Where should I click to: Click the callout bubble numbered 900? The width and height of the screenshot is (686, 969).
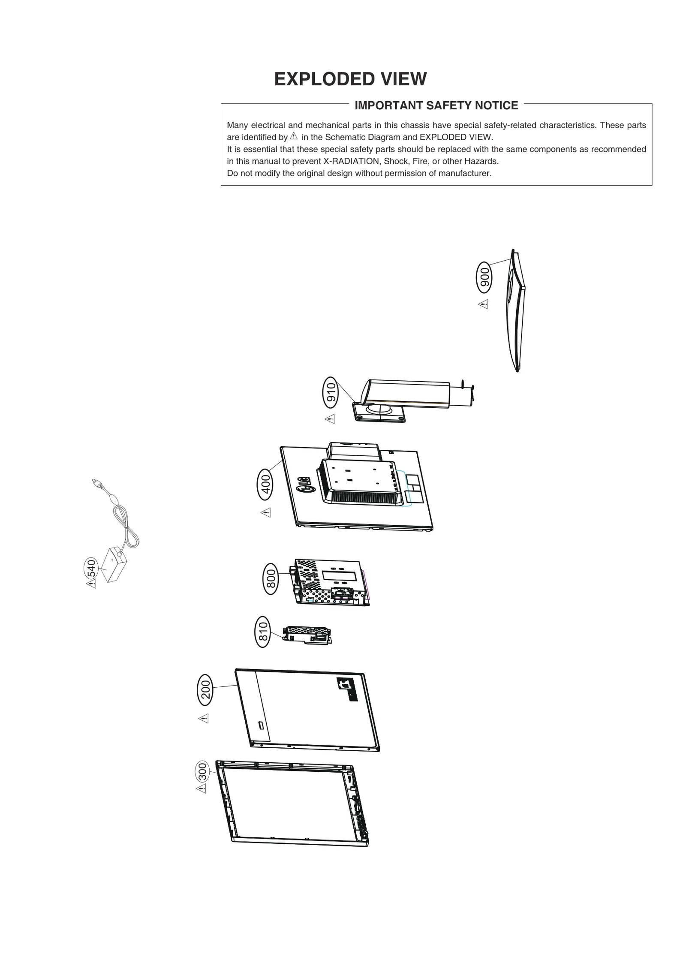[484, 277]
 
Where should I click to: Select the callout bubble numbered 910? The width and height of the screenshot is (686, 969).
[330, 392]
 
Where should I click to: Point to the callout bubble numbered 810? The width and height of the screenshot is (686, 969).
[262, 632]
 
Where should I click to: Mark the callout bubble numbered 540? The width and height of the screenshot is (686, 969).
[91, 569]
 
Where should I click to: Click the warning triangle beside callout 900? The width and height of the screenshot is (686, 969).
[483, 304]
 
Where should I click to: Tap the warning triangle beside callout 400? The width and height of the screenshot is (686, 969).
[266, 512]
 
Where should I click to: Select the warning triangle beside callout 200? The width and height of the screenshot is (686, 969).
[204, 718]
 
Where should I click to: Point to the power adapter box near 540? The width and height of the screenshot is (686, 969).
[112, 565]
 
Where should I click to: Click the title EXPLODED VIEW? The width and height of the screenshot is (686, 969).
[350, 79]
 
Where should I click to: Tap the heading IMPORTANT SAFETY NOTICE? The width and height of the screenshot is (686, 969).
[436, 105]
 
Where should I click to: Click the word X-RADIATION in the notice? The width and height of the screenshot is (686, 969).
[351, 161]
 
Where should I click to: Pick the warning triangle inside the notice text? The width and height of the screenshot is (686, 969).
[294, 136]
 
